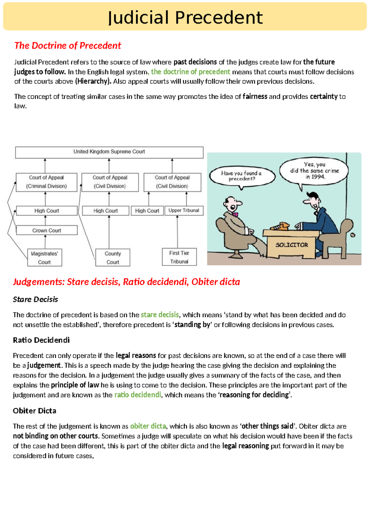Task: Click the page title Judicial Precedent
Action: [185, 17]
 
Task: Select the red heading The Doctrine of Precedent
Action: [68, 46]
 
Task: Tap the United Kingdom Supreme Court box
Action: [109, 152]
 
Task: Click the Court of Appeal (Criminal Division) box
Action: [47, 182]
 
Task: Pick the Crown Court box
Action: [47, 230]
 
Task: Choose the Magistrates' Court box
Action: [45, 258]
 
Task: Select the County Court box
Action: [113, 258]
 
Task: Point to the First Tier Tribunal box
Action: [179, 257]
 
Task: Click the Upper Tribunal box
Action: [184, 211]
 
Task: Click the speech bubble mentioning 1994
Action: [314, 171]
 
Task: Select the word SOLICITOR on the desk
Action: [292, 245]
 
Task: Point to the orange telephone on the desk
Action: [280, 227]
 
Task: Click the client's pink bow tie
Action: [235, 214]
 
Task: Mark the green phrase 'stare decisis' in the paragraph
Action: [160, 315]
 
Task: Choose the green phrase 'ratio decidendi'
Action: [138, 395]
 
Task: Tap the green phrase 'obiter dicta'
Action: [148, 426]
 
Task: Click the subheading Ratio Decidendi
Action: [41, 340]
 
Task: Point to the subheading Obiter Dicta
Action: [35, 411]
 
